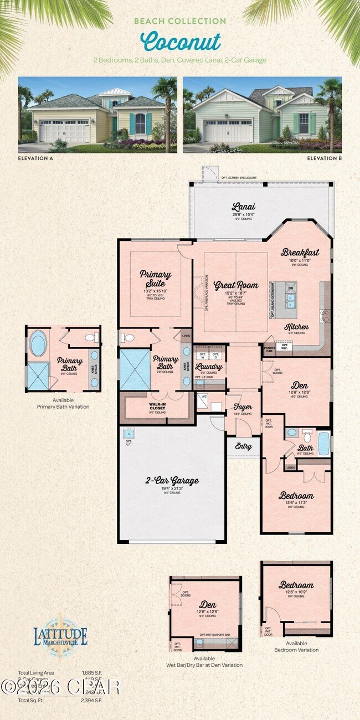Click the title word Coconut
point(180,42)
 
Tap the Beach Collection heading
point(180,21)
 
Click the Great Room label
point(236,285)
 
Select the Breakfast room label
point(300,251)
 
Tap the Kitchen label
point(296,327)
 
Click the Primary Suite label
point(155,278)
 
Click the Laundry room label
point(209,366)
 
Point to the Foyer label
point(243,407)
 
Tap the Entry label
point(243,446)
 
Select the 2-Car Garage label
point(172,480)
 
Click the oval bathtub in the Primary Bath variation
point(38,344)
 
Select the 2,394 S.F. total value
point(92,701)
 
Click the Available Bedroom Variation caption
point(296,646)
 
